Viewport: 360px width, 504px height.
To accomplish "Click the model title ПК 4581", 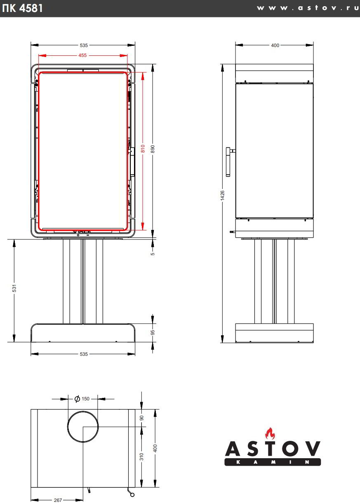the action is point(22,8).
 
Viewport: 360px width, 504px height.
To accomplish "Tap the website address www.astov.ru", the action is point(308,8).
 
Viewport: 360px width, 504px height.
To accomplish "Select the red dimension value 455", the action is point(82,55).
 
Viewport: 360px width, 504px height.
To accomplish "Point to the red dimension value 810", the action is point(143,149).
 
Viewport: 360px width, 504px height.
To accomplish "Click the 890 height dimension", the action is point(153,149).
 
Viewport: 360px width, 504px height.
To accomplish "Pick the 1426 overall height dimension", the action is point(222,195).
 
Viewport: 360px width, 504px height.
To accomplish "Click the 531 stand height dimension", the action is point(14,288).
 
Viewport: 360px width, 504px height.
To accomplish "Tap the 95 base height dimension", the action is point(153,332).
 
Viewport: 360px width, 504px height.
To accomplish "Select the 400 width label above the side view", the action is point(275,45).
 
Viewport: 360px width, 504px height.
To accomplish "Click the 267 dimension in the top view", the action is point(58,500).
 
